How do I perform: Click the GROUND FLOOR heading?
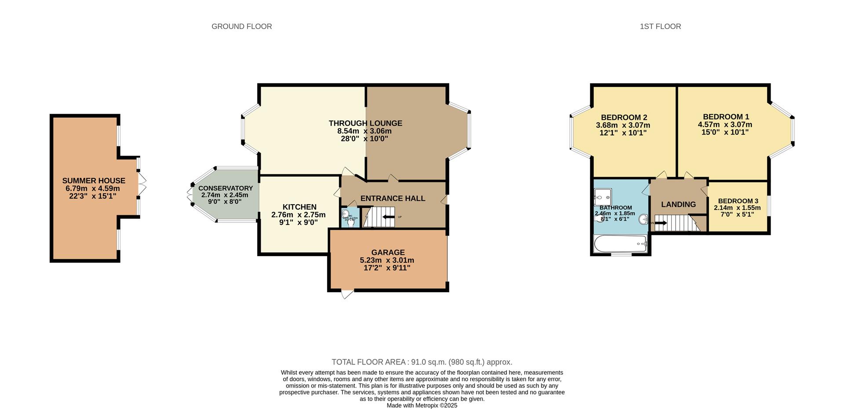(241, 26)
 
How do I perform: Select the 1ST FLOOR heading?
(660, 26)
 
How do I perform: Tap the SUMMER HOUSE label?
(94, 181)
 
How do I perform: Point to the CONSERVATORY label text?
(226, 188)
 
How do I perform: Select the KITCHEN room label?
(299, 207)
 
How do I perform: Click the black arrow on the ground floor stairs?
(389, 217)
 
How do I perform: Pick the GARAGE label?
(388, 252)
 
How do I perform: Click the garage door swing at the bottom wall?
(347, 294)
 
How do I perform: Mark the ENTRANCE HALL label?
(393, 199)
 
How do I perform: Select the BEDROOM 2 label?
(624, 117)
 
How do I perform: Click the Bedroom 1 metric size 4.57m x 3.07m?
(725, 124)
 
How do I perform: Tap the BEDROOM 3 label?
(738, 201)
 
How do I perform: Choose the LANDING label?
(678, 204)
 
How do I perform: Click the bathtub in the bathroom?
(620, 244)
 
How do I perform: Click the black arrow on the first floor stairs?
(661, 223)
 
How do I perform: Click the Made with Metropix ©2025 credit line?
(422, 405)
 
